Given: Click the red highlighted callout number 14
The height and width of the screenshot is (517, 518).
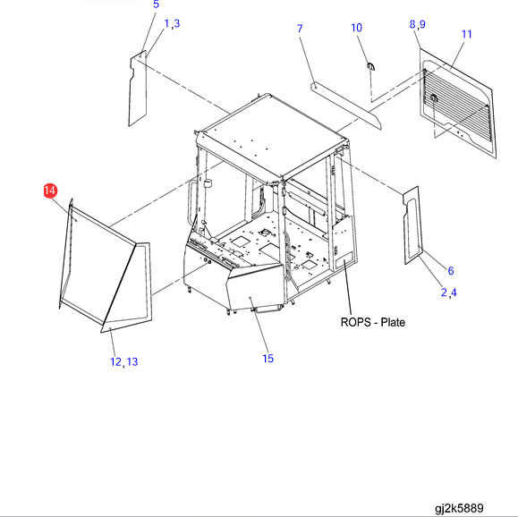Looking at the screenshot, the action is click(x=50, y=191).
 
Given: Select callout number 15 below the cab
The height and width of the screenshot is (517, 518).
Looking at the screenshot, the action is click(x=267, y=359).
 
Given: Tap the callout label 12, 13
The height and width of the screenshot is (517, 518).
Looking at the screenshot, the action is click(x=123, y=362).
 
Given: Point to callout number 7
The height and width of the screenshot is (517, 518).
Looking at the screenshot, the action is click(x=300, y=29).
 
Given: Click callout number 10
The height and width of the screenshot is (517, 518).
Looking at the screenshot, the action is click(x=356, y=28).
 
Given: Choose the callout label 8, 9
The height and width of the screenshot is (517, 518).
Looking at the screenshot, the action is click(x=418, y=24).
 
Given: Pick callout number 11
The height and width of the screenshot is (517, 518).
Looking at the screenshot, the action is click(x=466, y=34).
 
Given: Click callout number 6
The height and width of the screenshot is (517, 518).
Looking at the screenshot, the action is click(x=451, y=271).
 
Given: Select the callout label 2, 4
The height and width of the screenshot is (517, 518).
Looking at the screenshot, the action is click(x=449, y=292).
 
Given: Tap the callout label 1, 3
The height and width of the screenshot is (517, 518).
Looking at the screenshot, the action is click(x=172, y=23).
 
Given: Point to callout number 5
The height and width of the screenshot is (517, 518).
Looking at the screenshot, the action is click(x=157, y=4).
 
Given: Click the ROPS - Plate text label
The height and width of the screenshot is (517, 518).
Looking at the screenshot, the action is click(x=373, y=322).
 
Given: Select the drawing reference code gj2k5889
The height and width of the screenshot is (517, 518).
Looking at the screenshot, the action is click(x=459, y=508).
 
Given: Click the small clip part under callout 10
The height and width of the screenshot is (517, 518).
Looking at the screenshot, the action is click(x=371, y=66).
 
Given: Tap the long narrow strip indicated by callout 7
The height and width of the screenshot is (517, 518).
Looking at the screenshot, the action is click(x=346, y=106).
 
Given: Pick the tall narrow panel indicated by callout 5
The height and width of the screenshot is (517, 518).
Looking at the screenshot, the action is click(x=138, y=89).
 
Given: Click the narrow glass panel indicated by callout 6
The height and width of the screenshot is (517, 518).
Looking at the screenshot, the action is click(x=412, y=225).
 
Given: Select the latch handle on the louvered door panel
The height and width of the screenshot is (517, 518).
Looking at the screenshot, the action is click(x=434, y=98).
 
